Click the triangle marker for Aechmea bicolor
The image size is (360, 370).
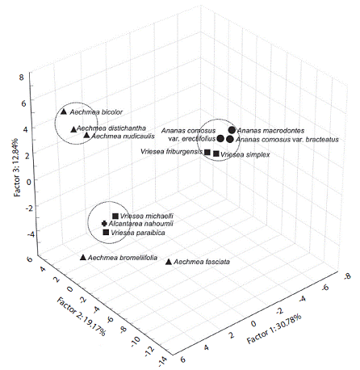64,111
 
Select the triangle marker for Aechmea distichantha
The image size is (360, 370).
73,129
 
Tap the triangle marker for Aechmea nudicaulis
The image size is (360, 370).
86,135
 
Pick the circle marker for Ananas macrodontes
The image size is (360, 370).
232,130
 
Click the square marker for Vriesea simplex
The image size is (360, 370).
216,153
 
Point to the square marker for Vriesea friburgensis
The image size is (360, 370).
207,152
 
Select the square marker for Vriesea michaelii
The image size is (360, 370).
115,216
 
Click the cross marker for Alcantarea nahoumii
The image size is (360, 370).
104,224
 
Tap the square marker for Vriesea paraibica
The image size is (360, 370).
106,232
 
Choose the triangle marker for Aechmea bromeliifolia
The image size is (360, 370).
83,258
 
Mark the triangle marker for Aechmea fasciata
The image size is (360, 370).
169,262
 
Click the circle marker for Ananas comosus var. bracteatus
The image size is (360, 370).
229,140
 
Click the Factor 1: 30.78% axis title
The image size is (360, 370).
274,329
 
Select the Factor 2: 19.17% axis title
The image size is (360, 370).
81,317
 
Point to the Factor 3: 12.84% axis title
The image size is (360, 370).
18,167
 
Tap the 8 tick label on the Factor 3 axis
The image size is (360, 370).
22,78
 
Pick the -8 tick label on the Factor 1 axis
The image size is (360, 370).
347,276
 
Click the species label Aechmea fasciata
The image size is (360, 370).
202,262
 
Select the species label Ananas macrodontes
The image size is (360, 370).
270,131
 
